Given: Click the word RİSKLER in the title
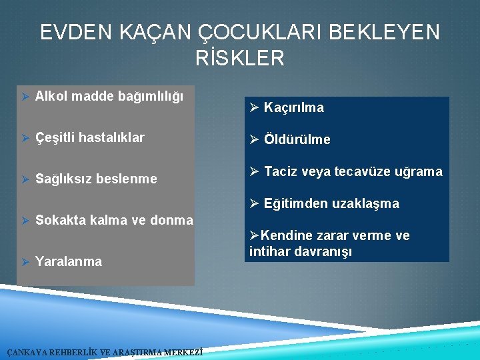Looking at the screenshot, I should (x=240, y=58).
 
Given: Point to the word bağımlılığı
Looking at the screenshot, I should (x=152, y=97).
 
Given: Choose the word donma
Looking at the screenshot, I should (x=172, y=220).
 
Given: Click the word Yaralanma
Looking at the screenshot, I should (x=69, y=261).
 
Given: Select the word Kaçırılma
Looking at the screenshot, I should (x=294, y=107).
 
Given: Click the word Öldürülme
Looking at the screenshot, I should (x=297, y=139).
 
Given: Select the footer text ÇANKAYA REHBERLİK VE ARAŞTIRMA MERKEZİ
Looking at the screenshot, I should (x=105, y=353).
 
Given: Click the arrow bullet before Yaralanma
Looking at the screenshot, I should (x=25, y=261).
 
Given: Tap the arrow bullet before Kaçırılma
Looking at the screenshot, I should (x=254, y=107).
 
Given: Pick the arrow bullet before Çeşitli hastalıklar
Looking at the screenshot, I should (x=25, y=137).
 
